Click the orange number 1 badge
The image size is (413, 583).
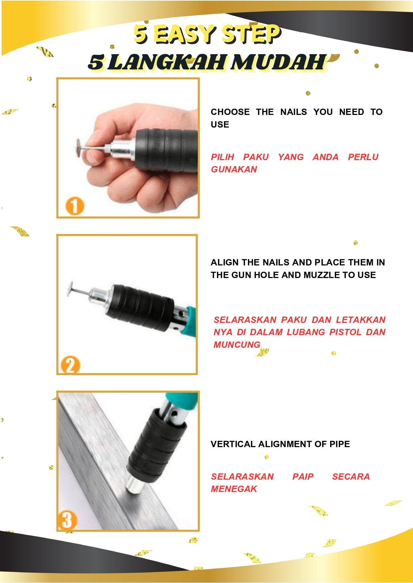tap(74, 206)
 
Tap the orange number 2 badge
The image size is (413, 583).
tap(70, 365)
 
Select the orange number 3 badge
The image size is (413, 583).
tap(67, 520)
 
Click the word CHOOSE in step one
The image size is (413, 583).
tap(230, 112)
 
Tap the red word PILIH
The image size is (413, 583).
tap(223, 157)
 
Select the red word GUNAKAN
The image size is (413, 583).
tap(234, 169)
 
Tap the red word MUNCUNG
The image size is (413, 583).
tap(237, 345)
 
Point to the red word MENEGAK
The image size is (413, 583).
tap(234, 489)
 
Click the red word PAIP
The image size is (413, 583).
tap(303, 477)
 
